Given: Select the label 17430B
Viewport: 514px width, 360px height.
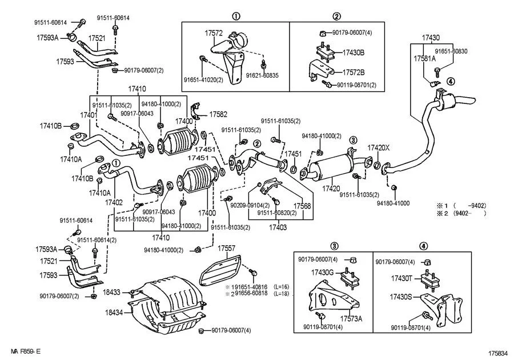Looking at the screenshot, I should click(x=354, y=53).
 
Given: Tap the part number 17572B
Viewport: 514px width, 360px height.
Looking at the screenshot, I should click(x=354, y=73).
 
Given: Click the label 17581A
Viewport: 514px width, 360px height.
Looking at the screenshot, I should click(x=424, y=58).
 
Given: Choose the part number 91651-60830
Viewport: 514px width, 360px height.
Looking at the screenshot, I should click(x=452, y=51).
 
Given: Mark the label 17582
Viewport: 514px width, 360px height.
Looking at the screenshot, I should click(x=218, y=114).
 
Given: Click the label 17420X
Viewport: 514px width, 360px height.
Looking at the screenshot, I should click(x=378, y=147).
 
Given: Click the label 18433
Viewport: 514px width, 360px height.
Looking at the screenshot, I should click(x=111, y=292).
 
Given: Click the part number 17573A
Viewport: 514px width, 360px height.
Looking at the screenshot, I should click(x=352, y=318).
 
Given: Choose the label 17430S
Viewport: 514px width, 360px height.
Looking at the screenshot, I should click(x=401, y=298).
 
